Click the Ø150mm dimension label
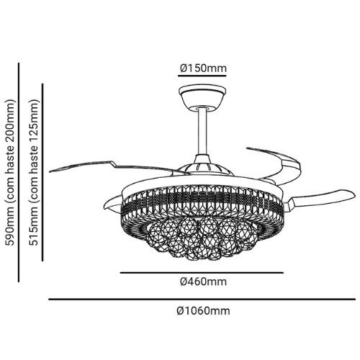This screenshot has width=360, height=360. (203, 68)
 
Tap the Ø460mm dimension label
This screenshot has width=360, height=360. (203, 282)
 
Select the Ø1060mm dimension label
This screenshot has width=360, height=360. (203, 311)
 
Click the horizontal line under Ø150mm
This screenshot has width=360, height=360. (202, 76)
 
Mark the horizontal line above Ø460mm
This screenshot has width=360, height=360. (202, 273)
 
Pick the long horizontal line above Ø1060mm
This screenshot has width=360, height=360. (202, 300)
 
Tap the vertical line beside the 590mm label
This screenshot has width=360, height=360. (19, 172)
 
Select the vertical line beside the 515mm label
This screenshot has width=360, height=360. (42, 172)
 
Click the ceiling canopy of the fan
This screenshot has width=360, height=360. (202, 97)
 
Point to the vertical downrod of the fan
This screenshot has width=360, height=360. (202, 132)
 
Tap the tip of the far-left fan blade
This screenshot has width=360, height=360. (50, 171)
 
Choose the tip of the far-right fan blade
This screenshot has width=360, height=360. (354, 194)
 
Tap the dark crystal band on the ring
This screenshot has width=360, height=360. (202, 200)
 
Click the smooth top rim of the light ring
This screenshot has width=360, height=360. (202, 180)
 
